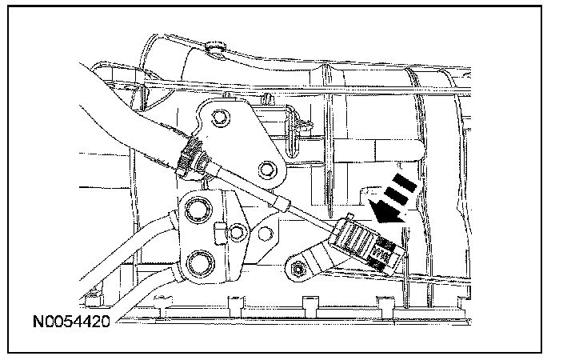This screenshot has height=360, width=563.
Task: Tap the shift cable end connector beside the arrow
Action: pyautogui.click(x=364, y=245)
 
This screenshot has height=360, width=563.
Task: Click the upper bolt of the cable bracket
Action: pyautogui.click(x=218, y=121)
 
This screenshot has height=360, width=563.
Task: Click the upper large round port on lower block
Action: pyautogui.click(x=194, y=212)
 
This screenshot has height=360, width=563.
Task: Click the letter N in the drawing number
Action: pyautogui.click(x=38, y=322)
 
